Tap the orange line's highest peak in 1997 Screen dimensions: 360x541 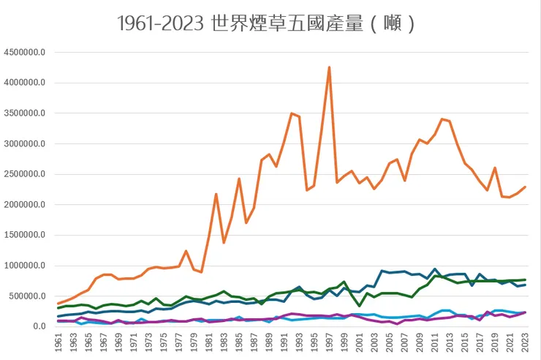click(x=329, y=67)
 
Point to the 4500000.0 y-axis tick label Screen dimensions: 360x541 click(x=25, y=53)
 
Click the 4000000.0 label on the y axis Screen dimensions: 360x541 click(x=25, y=83)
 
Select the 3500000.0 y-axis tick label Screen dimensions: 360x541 click(x=25, y=113)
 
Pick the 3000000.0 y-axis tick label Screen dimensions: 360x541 click(x=25, y=144)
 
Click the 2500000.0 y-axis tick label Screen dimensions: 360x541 click(x=25, y=174)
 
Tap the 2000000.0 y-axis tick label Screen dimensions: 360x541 click(x=25, y=205)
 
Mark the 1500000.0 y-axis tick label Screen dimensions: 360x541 click(x=25, y=235)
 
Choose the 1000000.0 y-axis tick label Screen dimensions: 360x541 click(x=25, y=266)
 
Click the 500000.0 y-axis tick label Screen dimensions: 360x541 click(x=27, y=296)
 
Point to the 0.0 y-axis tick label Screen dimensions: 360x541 click(x=38, y=326)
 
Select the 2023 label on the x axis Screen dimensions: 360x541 click(x=525, y=342)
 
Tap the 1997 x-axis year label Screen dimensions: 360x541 click(x=330, y=342)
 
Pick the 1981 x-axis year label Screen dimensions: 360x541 click(x=209, y=342)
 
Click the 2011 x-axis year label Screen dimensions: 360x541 click(x=435, y=342)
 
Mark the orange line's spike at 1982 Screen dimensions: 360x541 click(x=216, y=194)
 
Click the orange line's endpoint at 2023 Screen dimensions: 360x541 click(x=525, y=187)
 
